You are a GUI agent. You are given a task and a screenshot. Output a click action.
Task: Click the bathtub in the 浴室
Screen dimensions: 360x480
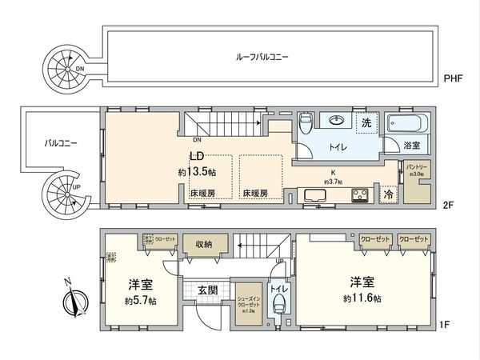coord(408,126)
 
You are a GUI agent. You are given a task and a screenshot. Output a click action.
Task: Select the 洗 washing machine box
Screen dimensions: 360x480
coord(366,124)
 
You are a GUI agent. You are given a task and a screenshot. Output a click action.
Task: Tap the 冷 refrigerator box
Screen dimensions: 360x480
coord(388,194)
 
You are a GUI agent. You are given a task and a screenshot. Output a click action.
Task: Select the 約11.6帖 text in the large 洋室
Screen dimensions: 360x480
coord(363,298)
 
